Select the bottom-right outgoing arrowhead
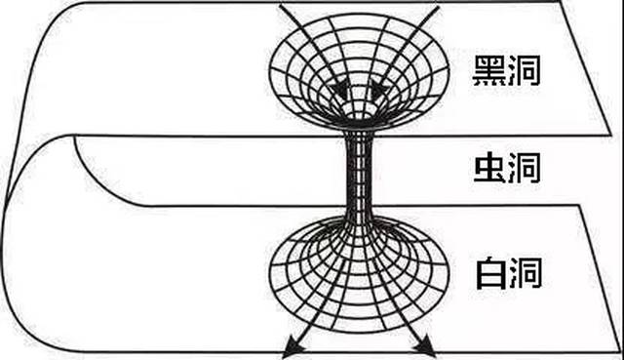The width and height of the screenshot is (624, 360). (427, 350)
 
